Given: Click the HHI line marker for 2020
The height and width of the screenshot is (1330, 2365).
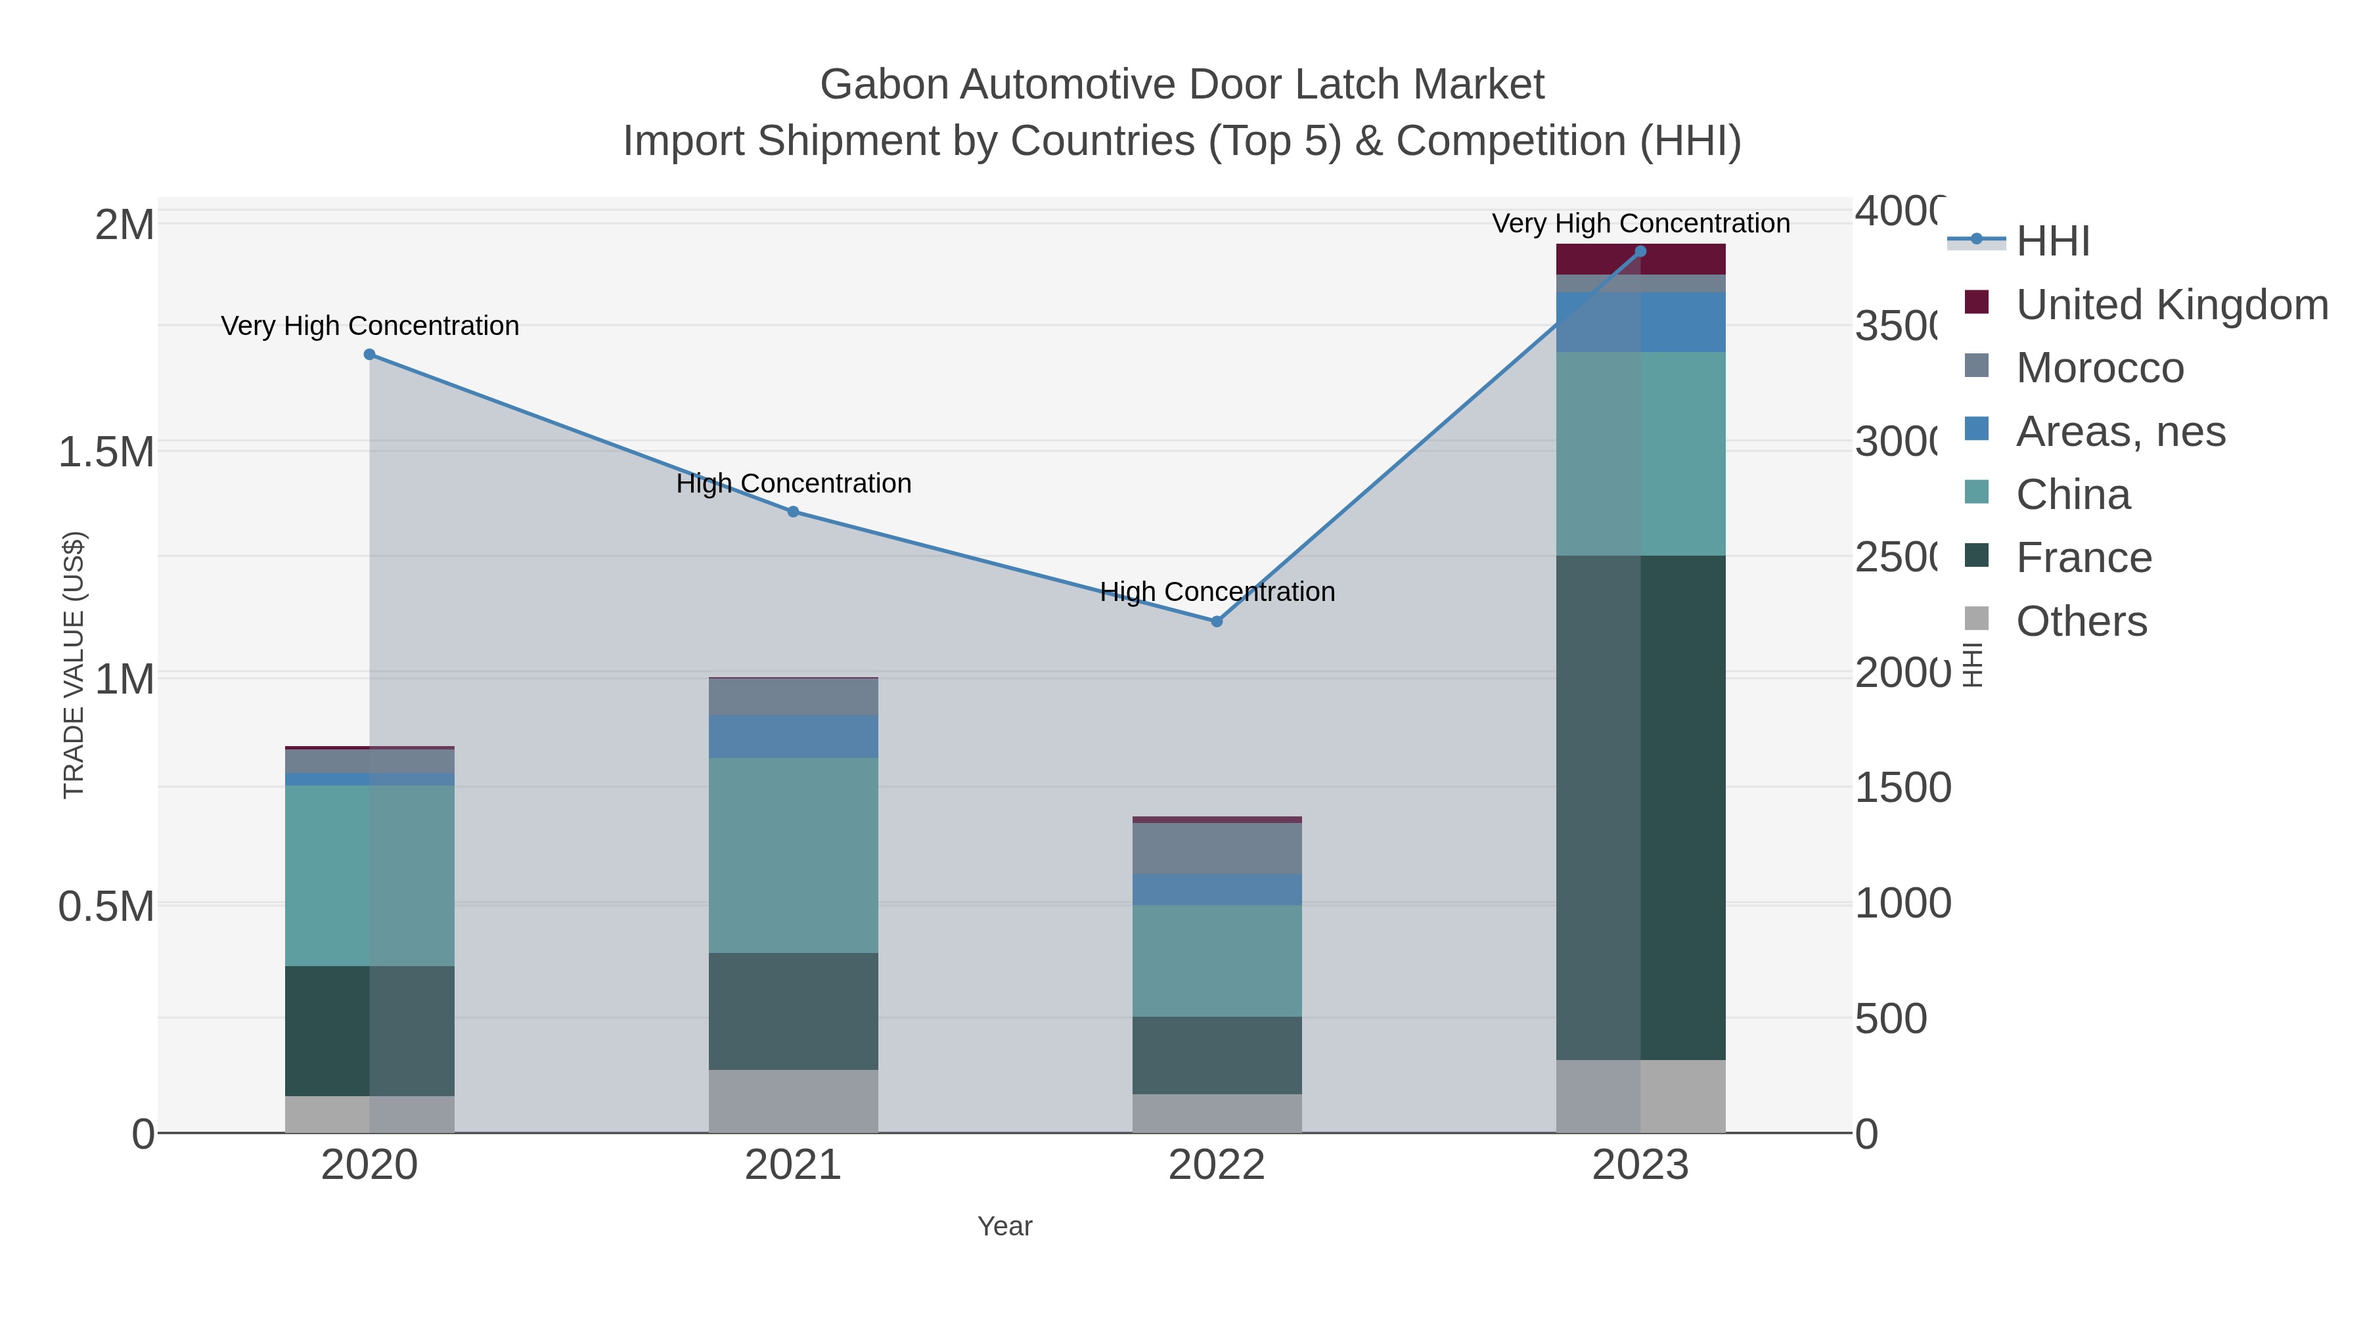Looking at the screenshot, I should (x=369, y=354).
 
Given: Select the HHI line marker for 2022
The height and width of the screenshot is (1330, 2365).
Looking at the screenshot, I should (x=1217, y=621).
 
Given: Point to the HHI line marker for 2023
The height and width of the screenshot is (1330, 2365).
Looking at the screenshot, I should (x=1640, y=252).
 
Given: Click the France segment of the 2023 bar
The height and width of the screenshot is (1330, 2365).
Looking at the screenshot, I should (x=1640, y=808).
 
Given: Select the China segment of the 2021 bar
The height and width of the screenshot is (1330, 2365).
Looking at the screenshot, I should (x=793, y=854).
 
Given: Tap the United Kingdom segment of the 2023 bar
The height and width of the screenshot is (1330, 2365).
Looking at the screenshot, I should (x=1640, y=259).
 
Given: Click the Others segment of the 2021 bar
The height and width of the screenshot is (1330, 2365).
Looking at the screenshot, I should (x=793, y=1101).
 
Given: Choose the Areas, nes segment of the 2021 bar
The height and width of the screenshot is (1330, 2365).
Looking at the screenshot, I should (x=793, y=736).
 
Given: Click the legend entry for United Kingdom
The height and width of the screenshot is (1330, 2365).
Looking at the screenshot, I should (x=2171, y=305).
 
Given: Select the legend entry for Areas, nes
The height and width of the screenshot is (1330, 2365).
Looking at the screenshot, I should (x=2120, y=432).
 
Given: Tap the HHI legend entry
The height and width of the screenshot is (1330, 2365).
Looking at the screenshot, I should (x=2053, y=242).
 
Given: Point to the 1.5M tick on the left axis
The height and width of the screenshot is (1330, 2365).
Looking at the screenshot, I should (x=106, y=452).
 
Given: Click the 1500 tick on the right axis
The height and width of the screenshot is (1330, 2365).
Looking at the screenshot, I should (x=1903, y=787).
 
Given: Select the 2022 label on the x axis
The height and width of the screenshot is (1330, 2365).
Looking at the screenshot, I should (x=1217, y=1166).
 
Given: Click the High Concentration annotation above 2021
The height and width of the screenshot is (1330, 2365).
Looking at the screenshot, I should (x=793, y=483).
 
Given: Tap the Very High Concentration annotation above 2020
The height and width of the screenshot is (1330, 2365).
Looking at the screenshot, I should (x=370, y=326).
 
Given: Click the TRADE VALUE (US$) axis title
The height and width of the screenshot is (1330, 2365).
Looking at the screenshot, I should (x=74, y=665).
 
